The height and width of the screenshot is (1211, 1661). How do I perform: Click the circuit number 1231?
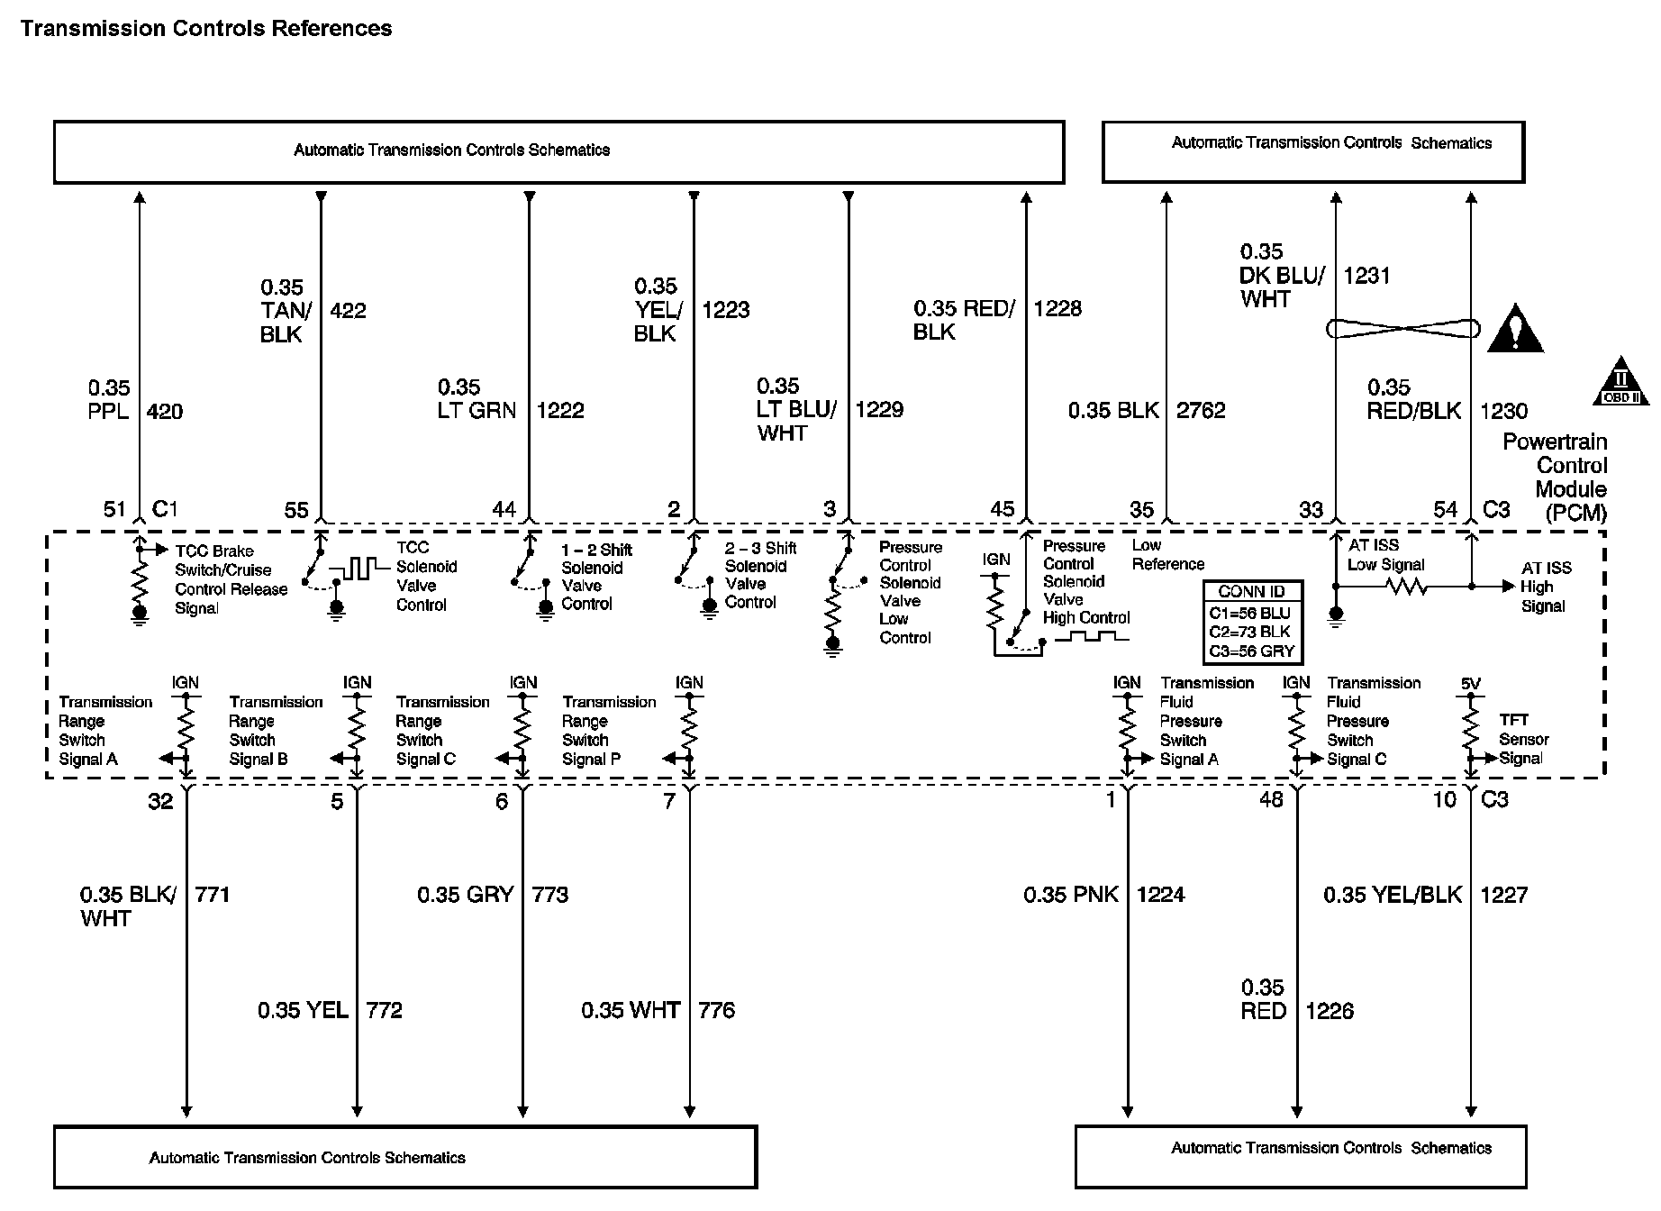[1366, 276]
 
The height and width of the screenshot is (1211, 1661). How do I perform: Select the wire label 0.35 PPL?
[109, 400]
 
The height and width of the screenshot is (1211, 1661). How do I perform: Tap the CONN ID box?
[1251, 622]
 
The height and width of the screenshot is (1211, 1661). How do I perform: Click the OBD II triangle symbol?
[1620, 382]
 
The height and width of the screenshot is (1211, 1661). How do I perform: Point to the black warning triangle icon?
[1515, 330]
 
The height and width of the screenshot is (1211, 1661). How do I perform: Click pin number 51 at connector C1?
[114, 509]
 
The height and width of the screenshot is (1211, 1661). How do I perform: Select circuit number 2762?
[1201, 411]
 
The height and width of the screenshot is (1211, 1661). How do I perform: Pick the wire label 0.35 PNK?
[1071, 895]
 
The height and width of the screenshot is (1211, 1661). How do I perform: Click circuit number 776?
[716, 1011]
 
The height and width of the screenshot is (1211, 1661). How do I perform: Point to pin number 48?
[1271, 800]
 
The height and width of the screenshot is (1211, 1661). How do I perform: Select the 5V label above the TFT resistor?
[1470, 684]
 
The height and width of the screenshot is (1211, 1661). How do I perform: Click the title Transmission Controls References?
[206, 29]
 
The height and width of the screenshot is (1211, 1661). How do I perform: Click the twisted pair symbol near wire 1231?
[1402, 329]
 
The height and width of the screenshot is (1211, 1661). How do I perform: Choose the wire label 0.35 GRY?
[465, 895]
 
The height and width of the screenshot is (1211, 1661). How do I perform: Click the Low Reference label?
[1167, 555]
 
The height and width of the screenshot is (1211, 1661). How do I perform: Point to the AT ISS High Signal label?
[1546, 587]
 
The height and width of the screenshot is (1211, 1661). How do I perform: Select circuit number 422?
[348, 311]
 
